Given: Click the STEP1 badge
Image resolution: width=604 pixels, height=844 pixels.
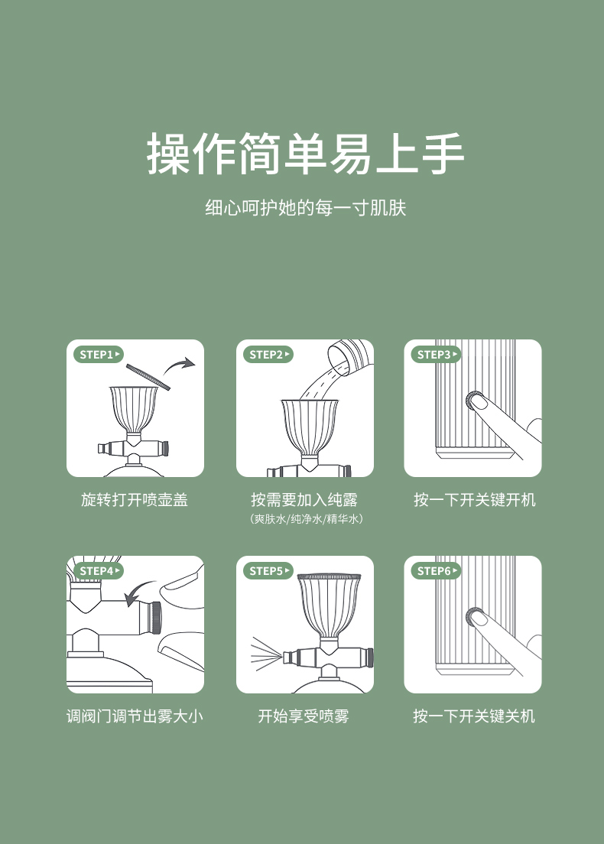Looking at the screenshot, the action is click(99, 354).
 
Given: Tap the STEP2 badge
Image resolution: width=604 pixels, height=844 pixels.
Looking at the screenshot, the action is click(268, 354).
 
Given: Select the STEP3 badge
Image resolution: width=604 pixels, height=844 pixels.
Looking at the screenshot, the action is click(436, 354).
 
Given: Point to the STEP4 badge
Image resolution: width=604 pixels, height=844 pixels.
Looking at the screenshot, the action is click(99, 570).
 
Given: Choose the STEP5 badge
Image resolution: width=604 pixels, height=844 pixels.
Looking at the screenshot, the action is click(268, 570).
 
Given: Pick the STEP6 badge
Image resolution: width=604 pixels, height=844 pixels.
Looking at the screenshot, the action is click(436, 570).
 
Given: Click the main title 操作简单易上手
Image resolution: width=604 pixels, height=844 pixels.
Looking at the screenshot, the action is click(305, 154).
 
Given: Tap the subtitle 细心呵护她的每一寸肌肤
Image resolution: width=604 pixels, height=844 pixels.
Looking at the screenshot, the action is click(305, 208).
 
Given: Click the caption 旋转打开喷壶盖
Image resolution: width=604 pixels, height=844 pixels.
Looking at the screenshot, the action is click(135, 499).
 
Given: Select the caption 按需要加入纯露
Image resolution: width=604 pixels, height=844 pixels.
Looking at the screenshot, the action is click(304, 499).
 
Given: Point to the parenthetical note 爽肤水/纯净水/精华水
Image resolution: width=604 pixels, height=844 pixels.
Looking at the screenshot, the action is click(306, 519).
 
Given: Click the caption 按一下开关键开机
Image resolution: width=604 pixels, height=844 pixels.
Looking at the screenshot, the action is click(474, 499).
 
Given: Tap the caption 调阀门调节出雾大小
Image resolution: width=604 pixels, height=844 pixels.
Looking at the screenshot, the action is click(135, 716).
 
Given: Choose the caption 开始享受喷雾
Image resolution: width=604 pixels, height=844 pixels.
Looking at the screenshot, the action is click(304, 716).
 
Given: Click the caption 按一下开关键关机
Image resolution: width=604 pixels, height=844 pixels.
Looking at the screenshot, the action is click(474, 716).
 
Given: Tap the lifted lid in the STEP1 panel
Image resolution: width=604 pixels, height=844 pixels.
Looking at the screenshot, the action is click(148, 377).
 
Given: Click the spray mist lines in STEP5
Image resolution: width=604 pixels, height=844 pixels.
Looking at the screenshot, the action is click(267, 654).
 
